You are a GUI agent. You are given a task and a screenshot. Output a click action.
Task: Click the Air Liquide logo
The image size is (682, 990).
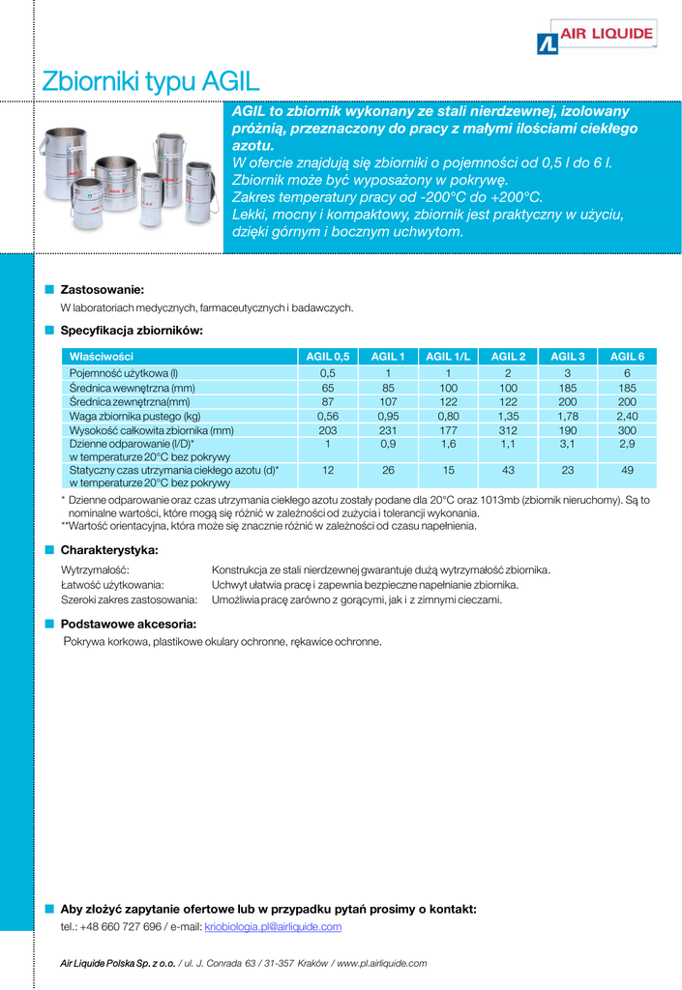(596, 40)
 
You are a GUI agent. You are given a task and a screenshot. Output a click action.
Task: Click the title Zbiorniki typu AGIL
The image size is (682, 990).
(151, 81)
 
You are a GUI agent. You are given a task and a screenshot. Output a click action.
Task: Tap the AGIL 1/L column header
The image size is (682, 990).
(448, 357)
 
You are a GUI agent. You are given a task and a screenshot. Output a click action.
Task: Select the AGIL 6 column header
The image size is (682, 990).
(627, 357)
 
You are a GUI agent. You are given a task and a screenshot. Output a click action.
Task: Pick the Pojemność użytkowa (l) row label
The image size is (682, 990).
(124, 373)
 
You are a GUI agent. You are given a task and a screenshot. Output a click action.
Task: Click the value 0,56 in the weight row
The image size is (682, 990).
(328, 416)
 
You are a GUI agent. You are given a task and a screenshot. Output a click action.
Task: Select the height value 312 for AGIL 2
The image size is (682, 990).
(508, 430)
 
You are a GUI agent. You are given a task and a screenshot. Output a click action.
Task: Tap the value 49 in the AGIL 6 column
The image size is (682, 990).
(627, 470)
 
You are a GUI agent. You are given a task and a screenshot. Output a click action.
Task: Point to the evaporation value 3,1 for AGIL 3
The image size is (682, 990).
(568, 444)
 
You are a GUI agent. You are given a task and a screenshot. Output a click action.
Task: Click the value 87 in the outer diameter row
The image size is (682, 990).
(328, 401)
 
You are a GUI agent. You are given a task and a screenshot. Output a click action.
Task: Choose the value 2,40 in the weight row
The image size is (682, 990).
(627, 416)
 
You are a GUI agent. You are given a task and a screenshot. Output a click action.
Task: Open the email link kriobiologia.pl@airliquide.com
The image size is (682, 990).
(273, 927)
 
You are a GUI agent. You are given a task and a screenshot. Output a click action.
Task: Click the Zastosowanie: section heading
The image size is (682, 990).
(102, 289)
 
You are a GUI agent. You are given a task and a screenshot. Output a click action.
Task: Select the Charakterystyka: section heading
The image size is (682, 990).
(109, 550)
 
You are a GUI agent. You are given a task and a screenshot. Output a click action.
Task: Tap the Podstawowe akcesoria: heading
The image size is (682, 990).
(128, 624)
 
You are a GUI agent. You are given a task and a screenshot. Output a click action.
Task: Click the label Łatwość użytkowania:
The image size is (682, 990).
(112, 585)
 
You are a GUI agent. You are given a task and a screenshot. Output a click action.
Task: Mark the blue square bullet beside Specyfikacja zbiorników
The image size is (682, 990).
(48, 331)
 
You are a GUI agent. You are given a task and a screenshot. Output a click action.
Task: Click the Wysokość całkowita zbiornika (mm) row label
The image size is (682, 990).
(151, 430)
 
